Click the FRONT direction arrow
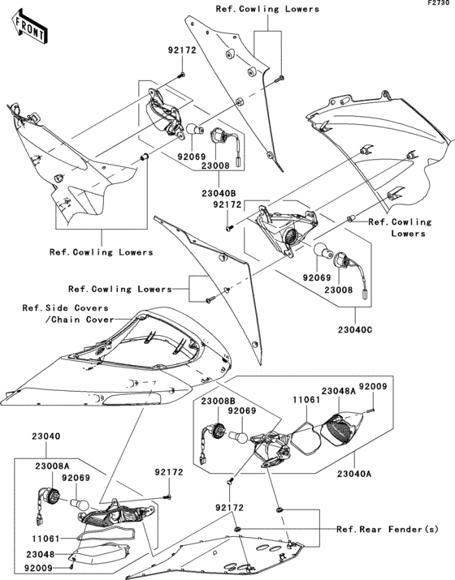coord(29,28)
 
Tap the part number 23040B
coord(219,193)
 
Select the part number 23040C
coord(355,329)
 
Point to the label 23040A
coord(354,474)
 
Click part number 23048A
coord(338,391)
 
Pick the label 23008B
coord(219,401)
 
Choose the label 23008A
coord(52,466)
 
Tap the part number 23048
coord(41,554)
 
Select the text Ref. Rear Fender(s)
coord(388,530)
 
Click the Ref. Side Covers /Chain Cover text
coord(68,314)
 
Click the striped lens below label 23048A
coord(340,429)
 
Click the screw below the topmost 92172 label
coord(181,75)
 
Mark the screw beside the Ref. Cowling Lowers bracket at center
coord(210,300)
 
